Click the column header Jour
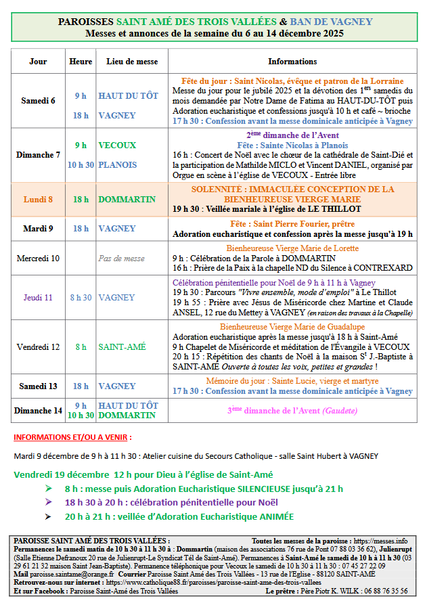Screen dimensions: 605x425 pyautogui.click(x=39, y=62)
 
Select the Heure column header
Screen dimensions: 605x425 pyautogui.click(x=81, y=62)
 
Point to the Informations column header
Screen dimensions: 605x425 pyautogui.click(x=292, y=62)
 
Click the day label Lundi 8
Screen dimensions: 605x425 pyautogui.click(x=38, y=200)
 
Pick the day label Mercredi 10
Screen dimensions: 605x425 pyautogui.click(x=38, y=258)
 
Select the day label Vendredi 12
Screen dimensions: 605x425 pyautogui.click(x=38, y=347)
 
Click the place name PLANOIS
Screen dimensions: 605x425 pyautogui.click(x=118, y=164)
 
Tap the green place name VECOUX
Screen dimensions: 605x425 pyautogui.click(x=117, y=145)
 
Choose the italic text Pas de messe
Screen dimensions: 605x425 pyautogui.click(x=121, y=258)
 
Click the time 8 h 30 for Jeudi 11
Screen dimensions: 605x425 pyautogui.click(x=81, y=297)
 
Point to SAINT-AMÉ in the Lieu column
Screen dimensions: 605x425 pyautogui.click(x=122, y=347)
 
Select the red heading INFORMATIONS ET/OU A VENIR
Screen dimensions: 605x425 pyautogui.click(x=72, y=437)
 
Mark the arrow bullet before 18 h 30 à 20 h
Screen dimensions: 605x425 pyautogui.click(x=48, y=503)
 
